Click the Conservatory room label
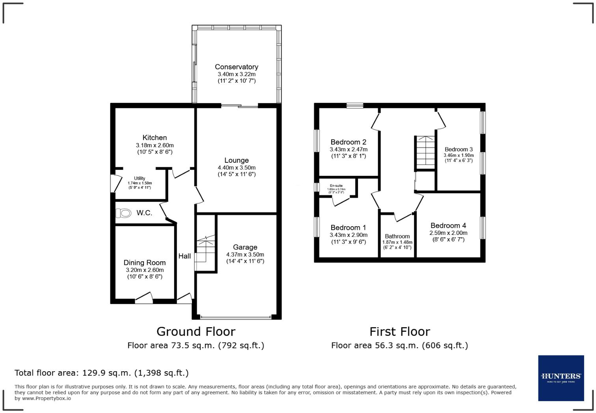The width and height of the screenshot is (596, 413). pyautogui.click(x=237, y=67)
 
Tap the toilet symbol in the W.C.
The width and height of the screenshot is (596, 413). pyautogui.click(x=124, y=213)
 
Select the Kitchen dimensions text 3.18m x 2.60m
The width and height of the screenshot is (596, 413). pyautogui.click(x=155, y=145)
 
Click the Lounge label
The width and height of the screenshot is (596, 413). pyautogui.click(x=237, y=160)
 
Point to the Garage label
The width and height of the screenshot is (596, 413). pyautogui.click(x=245, y=247)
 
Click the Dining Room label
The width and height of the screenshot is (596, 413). pyautogui.click(x=145, y=263)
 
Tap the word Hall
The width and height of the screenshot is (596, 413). pyautogui.click(x=184, y=256)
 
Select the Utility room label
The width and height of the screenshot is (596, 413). pyautogui.click(x=140, y=179)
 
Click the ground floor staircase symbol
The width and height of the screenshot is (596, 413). pyautogui.click(x=206, y=252)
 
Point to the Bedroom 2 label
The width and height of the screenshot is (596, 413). pyautogui.click(x=348, y=142)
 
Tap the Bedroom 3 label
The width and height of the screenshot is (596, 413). pyautogui.click(x=458, y=149)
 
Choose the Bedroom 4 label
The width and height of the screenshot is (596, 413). pyautogui.click(x=448, y=226)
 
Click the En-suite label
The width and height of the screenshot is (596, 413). pyautogui.click(x=336, y=186)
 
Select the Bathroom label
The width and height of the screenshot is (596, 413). pyautogui.click(x=397, y=236)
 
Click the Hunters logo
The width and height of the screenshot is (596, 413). pyautogui.click(x=561, y=378)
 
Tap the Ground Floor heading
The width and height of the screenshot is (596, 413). pyautogui.click(x=196, y=331)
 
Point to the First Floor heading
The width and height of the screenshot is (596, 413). pyautogui.click(x=400, y=331)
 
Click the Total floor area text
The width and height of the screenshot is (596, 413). pyautogui.click(x=102, y=373)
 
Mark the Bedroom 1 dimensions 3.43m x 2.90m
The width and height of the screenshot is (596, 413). pyautogui.click(x=348, y=235)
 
